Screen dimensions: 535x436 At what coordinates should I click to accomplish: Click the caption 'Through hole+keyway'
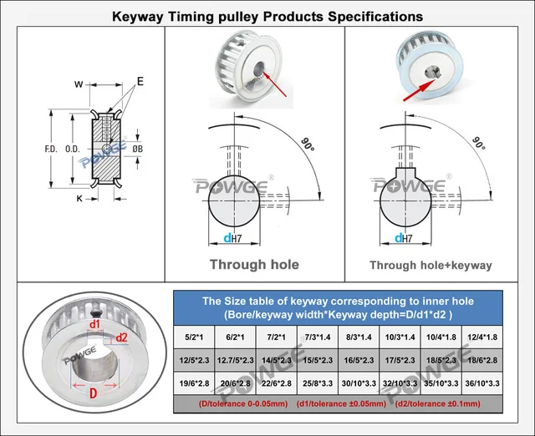click(431, 266)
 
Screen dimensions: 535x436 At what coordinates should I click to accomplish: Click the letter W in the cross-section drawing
click(78, 84)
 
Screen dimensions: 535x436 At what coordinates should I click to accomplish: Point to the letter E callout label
click(140, 81)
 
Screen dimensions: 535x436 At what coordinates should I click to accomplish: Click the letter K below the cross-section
click(79, 199)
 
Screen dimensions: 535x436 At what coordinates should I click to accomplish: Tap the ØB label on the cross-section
click(139, 149)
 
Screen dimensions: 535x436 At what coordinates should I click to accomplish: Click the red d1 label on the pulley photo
click(94, 324)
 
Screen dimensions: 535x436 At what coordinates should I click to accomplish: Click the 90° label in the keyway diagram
click(479, 143)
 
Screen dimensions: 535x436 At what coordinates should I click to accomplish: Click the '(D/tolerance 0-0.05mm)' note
click(236, 404)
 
